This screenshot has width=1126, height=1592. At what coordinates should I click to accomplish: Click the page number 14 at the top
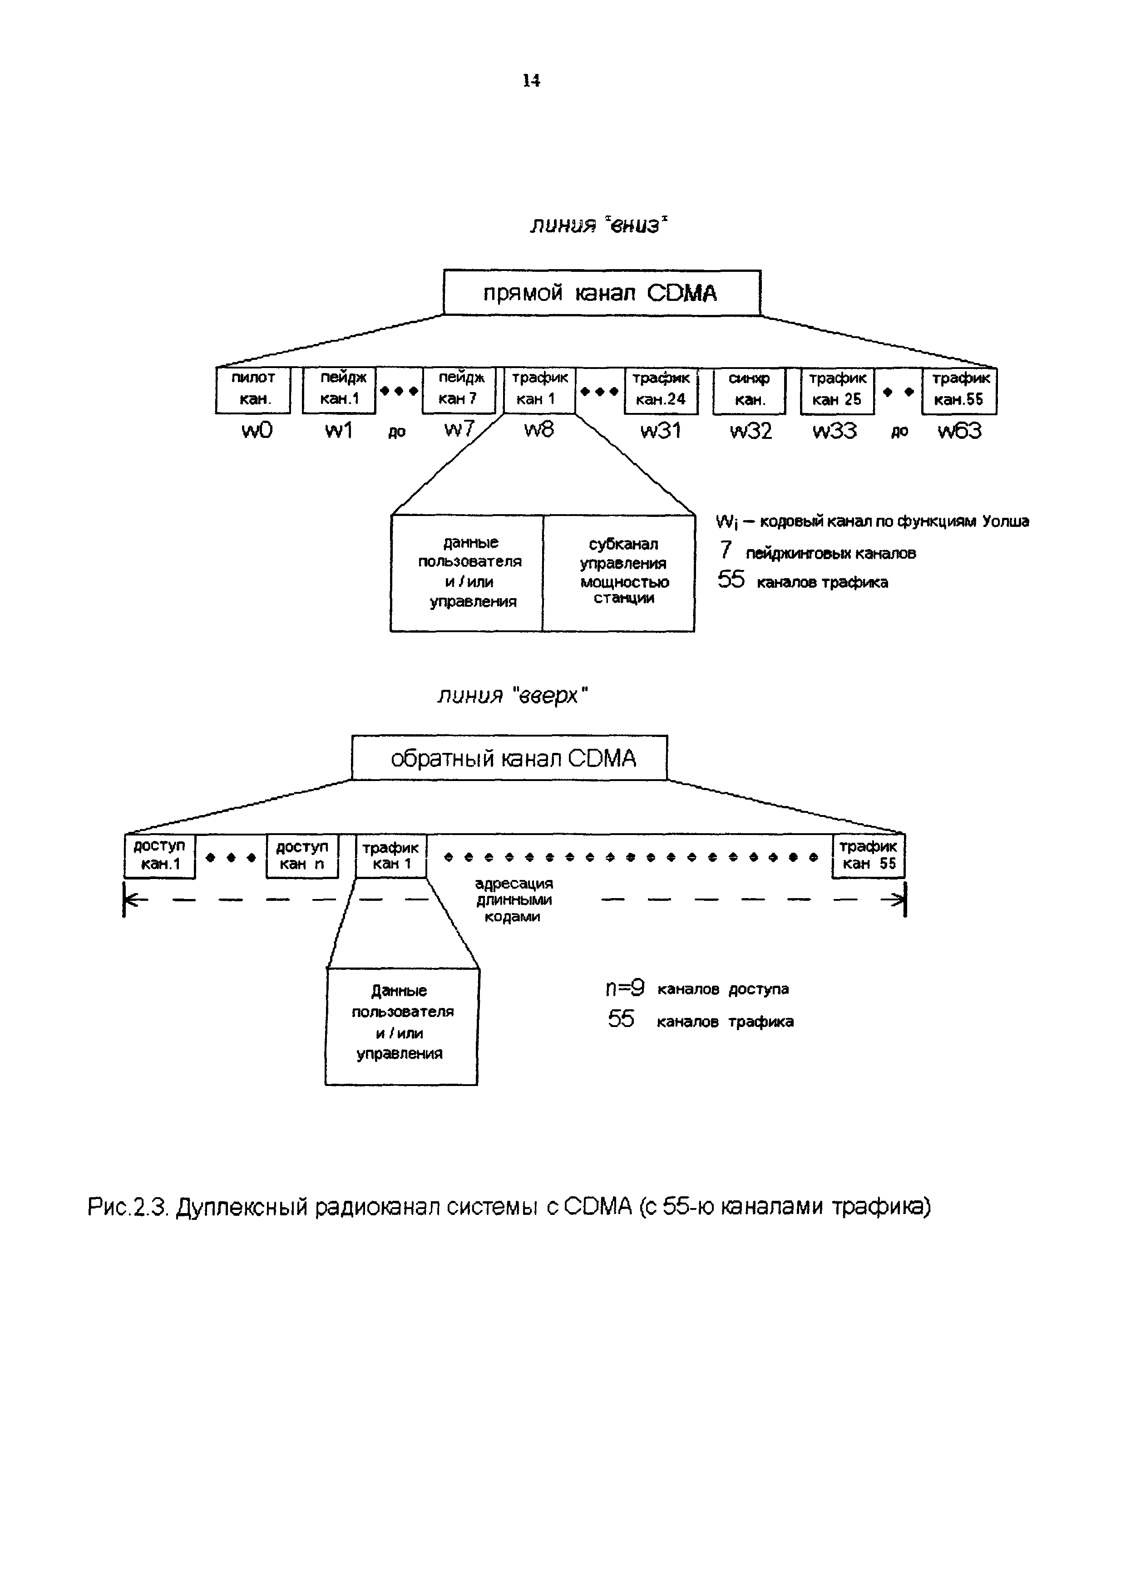point(531,81)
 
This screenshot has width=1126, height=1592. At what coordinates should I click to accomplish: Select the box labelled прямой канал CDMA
point(602,293)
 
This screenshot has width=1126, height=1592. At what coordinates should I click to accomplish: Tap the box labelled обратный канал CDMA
point(509,758)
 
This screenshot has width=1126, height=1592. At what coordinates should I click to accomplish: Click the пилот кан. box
point(253,390)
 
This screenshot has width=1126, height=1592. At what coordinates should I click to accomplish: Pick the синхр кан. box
point(749,390)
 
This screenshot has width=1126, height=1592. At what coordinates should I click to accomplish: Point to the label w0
point(257,431)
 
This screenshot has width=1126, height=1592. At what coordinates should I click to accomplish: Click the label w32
point(751,431)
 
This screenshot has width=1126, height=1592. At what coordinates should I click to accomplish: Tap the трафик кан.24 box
point(661,390)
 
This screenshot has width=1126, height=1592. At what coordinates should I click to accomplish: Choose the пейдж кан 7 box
point(459,390)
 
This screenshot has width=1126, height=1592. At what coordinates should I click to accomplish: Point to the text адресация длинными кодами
point(514,900)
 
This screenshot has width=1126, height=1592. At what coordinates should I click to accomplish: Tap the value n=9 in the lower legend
point(624,988)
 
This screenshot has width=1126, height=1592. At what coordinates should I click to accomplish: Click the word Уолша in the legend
point(1005,521)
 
